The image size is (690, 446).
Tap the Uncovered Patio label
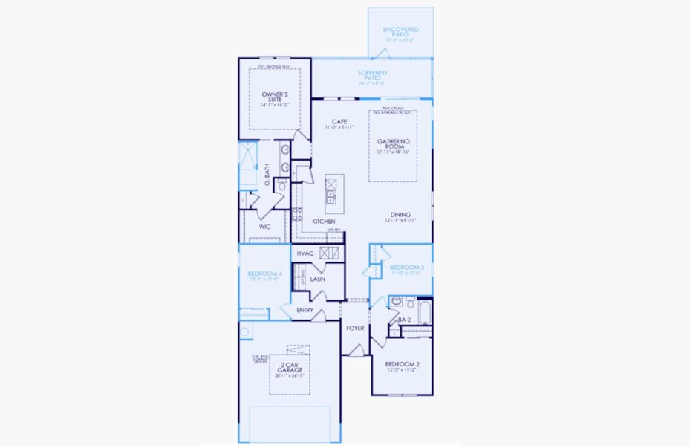(400, 30)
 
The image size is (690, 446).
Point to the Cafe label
(339, 122)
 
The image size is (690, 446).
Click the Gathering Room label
(393, 143)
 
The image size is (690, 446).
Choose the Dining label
(400, 215)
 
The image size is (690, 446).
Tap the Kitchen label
(323, 222)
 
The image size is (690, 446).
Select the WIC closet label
(264, 227)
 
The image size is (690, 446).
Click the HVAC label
(305, 253)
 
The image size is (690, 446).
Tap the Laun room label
(317, 279)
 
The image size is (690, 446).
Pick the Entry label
(305, 310)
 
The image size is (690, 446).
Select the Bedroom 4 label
(264, 274)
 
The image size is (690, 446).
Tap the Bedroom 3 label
(406, 267)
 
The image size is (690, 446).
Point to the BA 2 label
(404, 320)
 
